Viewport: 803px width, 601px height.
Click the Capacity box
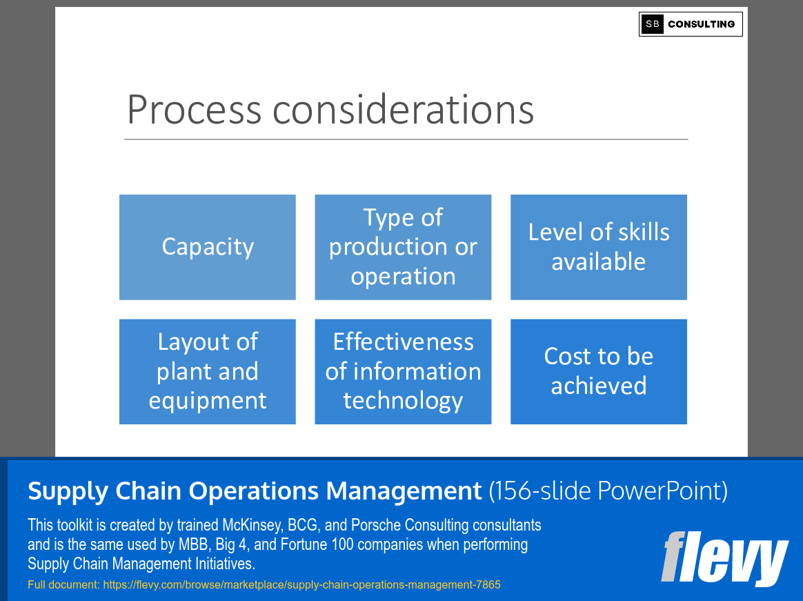click(207, 247)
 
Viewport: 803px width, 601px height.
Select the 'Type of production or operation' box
click(403, 247)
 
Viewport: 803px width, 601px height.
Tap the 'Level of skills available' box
click(598, 247)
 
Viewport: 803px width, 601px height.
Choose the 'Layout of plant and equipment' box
click(207, 371)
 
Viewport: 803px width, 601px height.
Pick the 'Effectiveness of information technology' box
click(403, 371)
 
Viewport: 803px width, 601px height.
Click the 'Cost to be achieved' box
click(598, 371)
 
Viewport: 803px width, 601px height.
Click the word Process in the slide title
click(194, 110)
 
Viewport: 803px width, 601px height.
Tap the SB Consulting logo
click(691, 24)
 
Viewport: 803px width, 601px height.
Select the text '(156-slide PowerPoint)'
click(608, 491)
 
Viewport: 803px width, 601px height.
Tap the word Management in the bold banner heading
click(404, 491)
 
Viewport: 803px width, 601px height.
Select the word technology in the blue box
click(403, 401)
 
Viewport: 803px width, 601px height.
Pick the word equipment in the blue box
click(207, 401)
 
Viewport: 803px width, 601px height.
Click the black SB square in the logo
click(652, 24)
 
